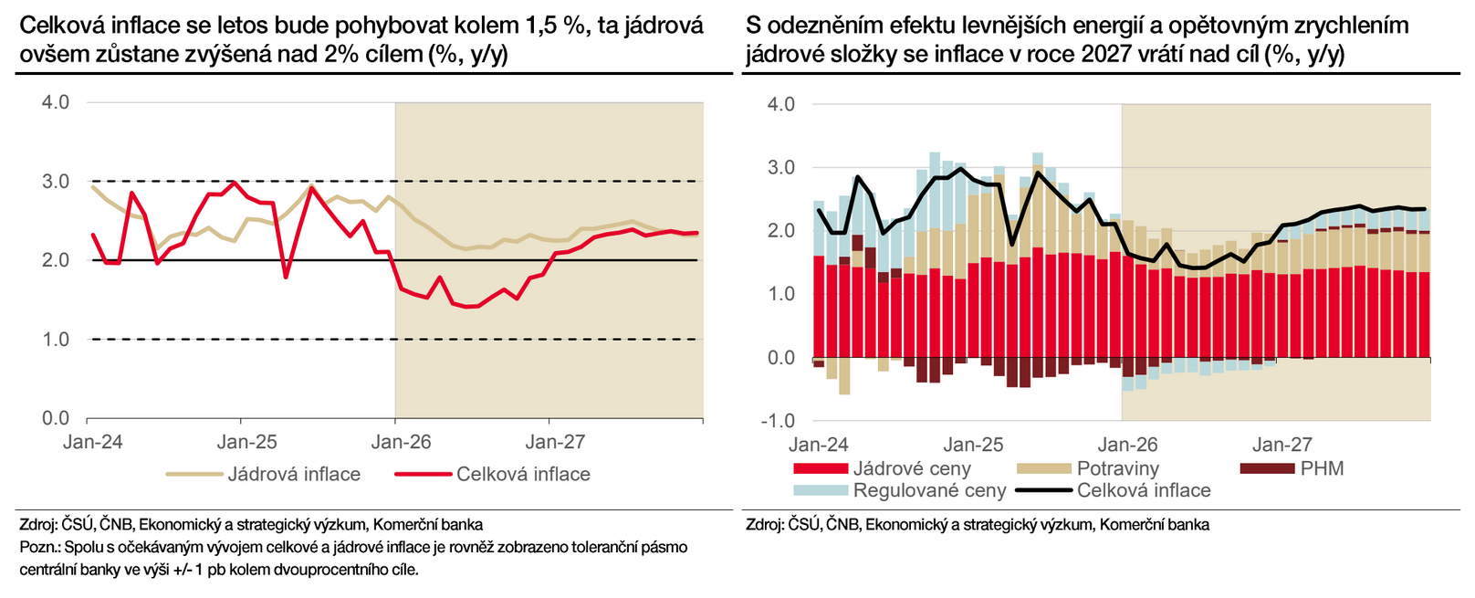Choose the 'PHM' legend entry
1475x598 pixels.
click(x=1322, y=469)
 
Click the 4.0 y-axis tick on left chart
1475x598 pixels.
click(x=56, y=102)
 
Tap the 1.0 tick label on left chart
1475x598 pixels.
click(x=56, y=340)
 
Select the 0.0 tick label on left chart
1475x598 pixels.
click(x=56, y=418)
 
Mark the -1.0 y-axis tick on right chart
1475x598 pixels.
click(x=778, y=421)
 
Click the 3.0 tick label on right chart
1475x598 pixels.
click(x=781, y=168)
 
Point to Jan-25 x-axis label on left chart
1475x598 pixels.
click(x=246, y=443)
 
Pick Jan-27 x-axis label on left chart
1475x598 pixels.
click(x=555, y=443)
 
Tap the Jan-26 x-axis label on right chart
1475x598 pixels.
click(x=1127, y=446)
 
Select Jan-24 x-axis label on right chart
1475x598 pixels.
click(x=819, y=446)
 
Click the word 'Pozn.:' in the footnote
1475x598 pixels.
click(x=39, y=548)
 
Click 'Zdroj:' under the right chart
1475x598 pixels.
click(x=764, y=525)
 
